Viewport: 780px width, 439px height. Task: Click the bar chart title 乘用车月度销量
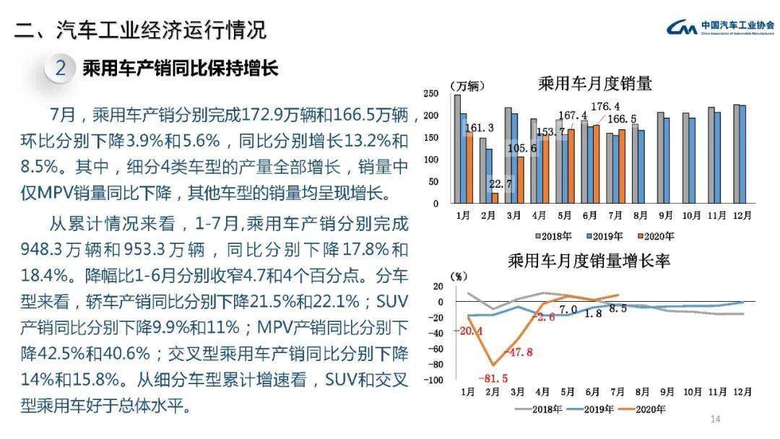(x=595, y=84)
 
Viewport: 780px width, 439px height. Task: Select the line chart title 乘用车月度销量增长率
(x=589, y=260)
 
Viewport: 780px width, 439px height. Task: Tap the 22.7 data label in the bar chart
(x=500, y=184)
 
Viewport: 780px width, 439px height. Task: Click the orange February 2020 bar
(x=495, y=198)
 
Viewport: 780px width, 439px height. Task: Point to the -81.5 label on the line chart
(x=493, y=378)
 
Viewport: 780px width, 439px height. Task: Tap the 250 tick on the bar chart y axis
(x=431, y=95)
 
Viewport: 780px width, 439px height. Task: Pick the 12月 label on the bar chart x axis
(x=742, y=215)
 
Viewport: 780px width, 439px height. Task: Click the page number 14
(x=716, y=420)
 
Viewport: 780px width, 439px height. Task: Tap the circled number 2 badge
(x=61, y=69)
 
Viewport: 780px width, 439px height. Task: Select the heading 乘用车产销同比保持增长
(x=181, y=69)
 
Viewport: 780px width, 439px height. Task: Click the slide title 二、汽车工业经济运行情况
(x=141, y=30)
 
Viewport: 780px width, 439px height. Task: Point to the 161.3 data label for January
(x=480, y=128)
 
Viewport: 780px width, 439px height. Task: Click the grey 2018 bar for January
(x=456, y=149)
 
